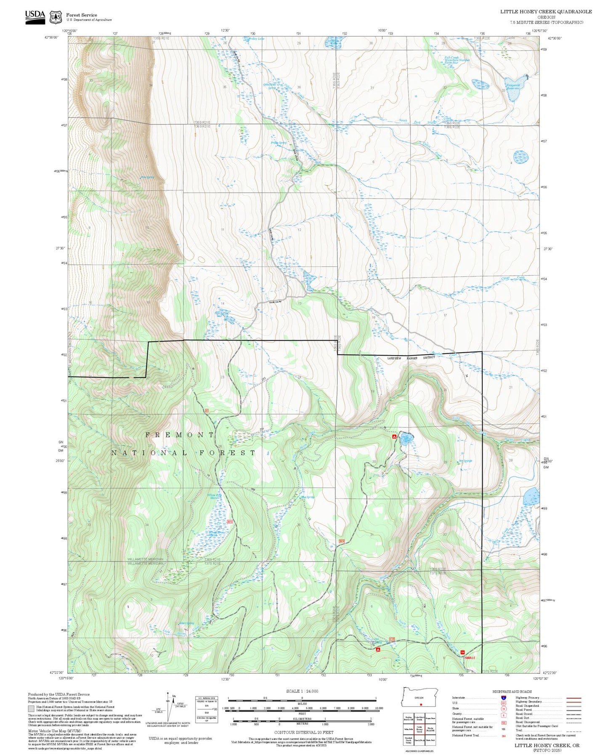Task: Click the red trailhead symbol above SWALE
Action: point(463,653)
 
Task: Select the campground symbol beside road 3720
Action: point(378,649)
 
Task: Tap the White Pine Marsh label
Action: point(215,496)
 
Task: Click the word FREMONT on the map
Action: point(180,435)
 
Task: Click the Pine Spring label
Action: point(147,177)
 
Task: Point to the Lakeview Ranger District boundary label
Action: point(411,358)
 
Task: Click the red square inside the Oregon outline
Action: point(420,704)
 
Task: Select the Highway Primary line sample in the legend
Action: point(574,697)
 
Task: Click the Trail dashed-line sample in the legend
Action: point(574,730)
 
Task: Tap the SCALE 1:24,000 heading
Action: point(302,691)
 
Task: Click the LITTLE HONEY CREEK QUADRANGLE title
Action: point(546,12)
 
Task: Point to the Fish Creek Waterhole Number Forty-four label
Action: point(457,60)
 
